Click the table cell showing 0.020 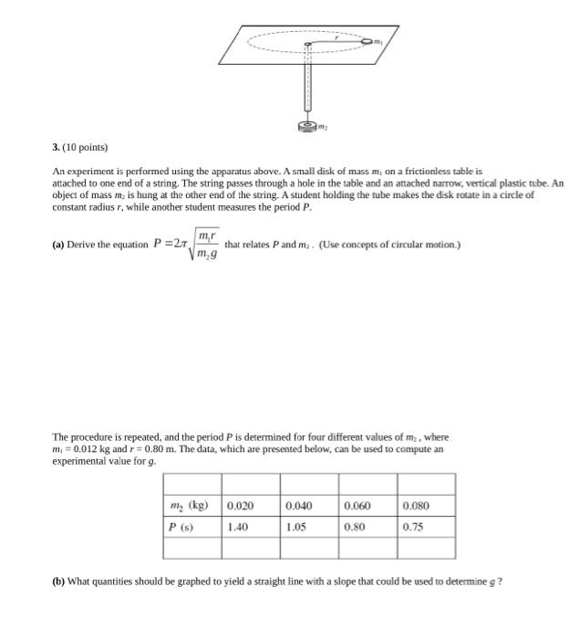point(240,506)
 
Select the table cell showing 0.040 point(298,506)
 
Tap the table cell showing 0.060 point(358,506)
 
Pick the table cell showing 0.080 point(416,506)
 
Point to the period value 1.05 point(295,527)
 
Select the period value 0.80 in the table point(354,527)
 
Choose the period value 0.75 point(412,527)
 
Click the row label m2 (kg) point(189,506)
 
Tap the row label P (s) point(180,527)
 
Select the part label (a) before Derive point(60,245)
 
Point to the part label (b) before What point(60,581)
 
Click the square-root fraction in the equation point(205,245)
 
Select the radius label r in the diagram point(337,37)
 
